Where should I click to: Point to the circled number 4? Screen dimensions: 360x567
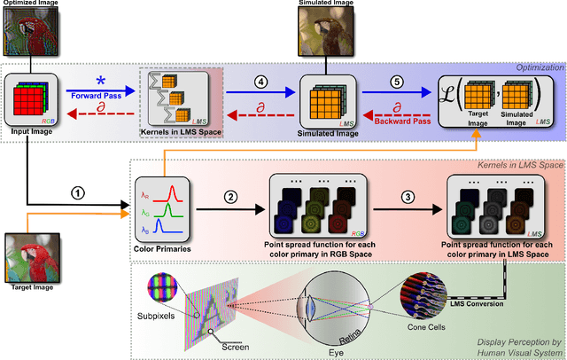point(260,82)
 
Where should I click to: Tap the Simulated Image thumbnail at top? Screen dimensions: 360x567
point(327,33)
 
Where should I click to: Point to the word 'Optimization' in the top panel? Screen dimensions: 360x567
point(533,67)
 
